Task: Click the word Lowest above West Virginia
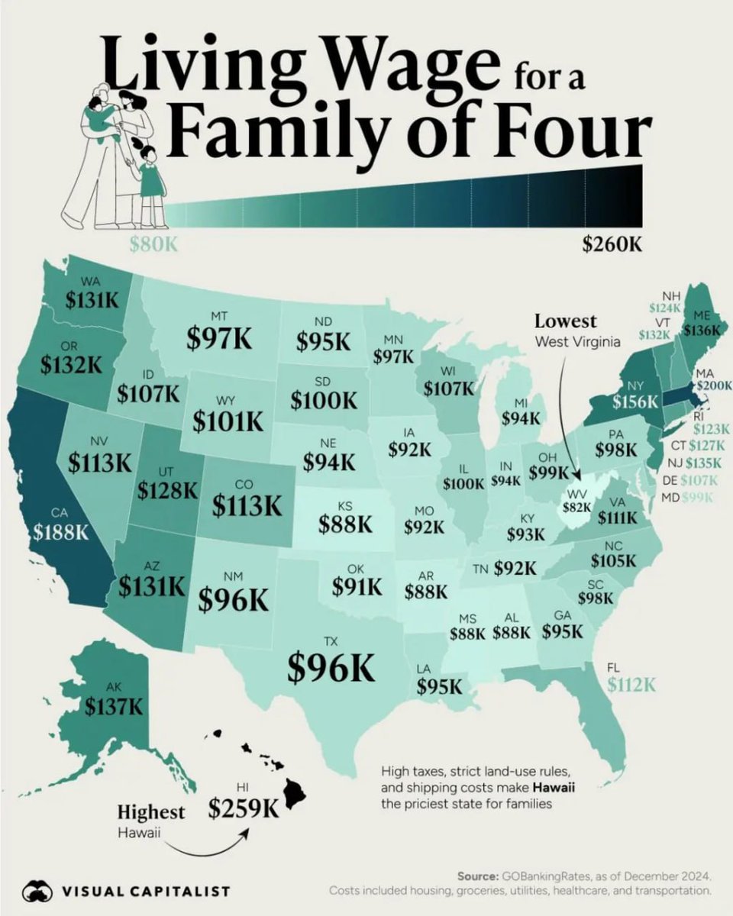click(566, 321)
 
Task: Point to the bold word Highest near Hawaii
click(150, 811)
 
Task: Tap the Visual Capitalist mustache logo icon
click(37, 890)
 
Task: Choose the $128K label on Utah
click(167, 490)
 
